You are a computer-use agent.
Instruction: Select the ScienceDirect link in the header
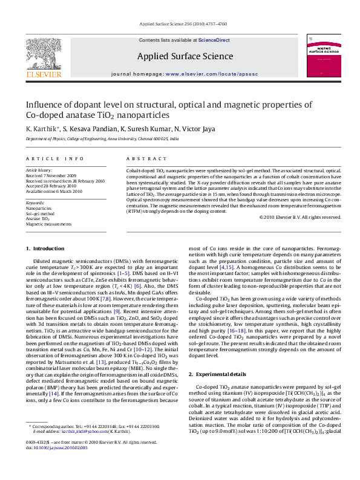coord(214,40)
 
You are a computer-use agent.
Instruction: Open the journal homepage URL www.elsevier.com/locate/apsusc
coord(211,74)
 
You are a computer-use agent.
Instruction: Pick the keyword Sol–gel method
coord(40,213)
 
